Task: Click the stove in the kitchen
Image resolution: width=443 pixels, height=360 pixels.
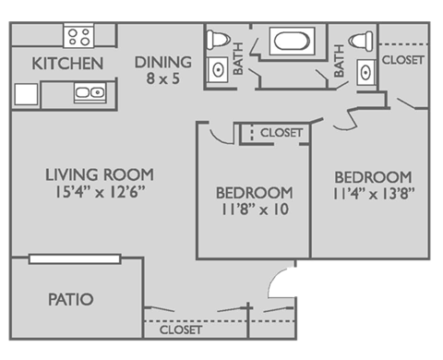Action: [x=78, y=37]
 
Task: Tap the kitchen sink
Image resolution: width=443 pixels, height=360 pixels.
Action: [x=90, y=92]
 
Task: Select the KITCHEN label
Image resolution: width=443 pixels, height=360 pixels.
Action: [x=66, y=64]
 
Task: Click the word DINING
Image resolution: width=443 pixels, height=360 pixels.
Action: [x=162, y=62]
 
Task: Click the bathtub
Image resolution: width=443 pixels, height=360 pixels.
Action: [x=292, y=42]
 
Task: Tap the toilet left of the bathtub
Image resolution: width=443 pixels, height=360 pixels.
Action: [x=218, y=41]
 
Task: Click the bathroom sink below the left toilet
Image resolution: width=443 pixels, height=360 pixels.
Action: [x=218, y=69]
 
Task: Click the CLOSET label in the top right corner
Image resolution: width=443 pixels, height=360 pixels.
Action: [x=403, y=60]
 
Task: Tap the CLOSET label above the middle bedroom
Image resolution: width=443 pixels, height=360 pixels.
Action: [x=281, y=133]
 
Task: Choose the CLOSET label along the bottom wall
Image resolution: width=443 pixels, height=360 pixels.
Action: [x=180, y=330]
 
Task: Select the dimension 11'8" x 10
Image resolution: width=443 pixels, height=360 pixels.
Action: [x=254, y=210]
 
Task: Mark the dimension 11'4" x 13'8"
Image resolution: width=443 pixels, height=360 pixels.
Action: [x=372, y=194]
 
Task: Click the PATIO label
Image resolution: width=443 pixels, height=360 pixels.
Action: [x=71, y=300]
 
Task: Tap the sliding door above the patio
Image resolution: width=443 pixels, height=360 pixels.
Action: [x=76, y=258]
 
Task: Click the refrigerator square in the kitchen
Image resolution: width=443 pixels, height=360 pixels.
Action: [x=26, y=93]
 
